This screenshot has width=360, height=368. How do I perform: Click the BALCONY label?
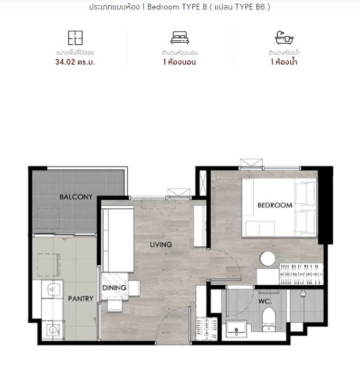pos(76,197)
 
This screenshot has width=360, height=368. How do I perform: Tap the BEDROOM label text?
pos(275,205)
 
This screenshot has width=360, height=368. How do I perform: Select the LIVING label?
pos(161,244)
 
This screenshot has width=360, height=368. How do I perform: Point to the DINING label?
pos(114,288)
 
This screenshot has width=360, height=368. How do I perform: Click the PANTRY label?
pos(81,299)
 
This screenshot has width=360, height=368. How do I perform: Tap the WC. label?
pos(265,301)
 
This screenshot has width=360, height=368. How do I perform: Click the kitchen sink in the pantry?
pos(52,289)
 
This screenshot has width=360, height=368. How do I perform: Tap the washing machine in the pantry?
pos(53,330)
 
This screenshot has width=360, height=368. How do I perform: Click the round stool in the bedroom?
pos(268,259)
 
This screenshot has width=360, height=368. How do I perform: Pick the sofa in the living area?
pos(118,239)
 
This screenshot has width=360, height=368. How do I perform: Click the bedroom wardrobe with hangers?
pos(302,274)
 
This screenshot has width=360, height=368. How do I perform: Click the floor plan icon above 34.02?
pos(75,38)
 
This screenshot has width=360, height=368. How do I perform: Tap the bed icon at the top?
pos(180,38)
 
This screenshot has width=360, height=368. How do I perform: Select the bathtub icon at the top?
pos(284,38)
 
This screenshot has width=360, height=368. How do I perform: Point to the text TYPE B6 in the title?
pos(250,7)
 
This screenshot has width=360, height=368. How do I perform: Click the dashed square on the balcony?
pos(48,219)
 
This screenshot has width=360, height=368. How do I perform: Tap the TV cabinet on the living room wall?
pos(199,226)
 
